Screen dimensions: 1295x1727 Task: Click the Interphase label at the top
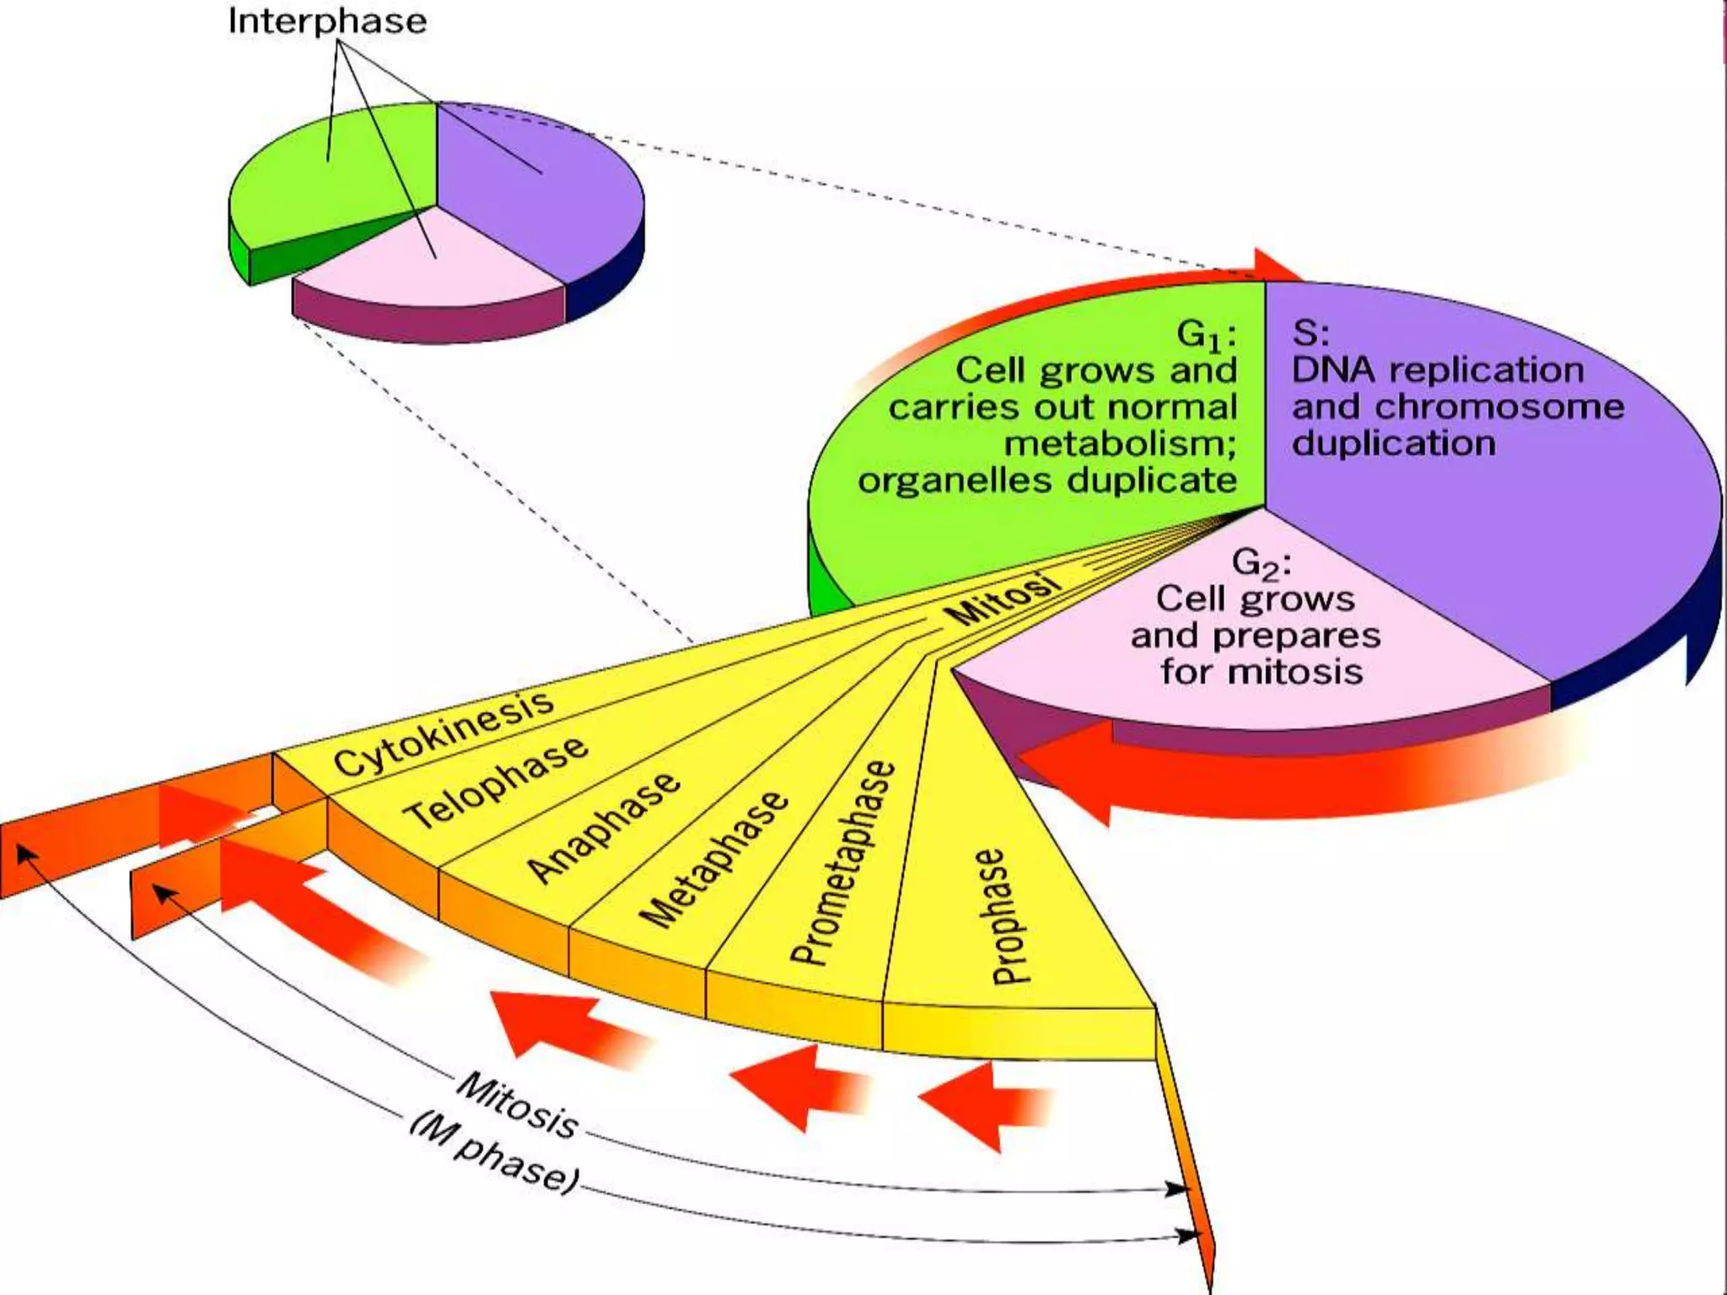pyautogui.click(x=327, y=20)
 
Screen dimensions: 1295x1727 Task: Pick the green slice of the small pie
pyautogui.click(x=337, y=177)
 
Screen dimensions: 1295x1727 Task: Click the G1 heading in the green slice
pyautogui.click(x=1206, y=336)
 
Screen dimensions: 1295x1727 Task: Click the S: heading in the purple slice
pyautogui.click(x=1310, y=332)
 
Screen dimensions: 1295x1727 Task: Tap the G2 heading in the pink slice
pyautogui.click(x=1261, y=563)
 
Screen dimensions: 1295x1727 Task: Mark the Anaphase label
pyautogui.click(x=602, y=828)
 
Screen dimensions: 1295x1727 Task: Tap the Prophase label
pyautogui.click(x=1000, y=917)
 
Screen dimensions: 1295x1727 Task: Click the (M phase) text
pyautogui.click(x=494, y=1155)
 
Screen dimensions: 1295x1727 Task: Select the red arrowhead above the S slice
pyautogui.click(x=1273, y=265)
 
